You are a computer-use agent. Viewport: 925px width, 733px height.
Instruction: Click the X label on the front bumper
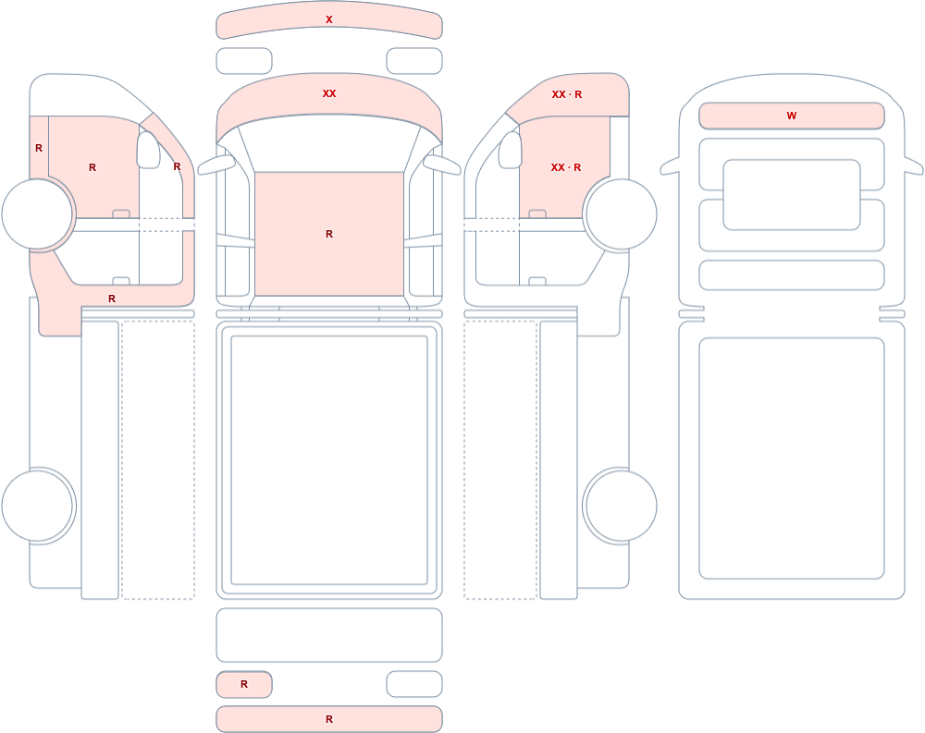(x=329, y=19)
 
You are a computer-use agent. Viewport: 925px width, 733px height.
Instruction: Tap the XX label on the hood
(x=329, y=93)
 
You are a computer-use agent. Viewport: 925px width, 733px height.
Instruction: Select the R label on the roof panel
(x=329, y=234)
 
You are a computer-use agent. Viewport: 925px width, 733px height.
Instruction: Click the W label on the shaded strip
(x=792, y=116)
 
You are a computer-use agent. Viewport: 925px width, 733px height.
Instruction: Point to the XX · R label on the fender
(x=567, y=94)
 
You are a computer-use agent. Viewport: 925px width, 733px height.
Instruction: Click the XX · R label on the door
(x=566, y=167)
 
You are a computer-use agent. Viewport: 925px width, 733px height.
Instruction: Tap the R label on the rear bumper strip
(x=329, y=719)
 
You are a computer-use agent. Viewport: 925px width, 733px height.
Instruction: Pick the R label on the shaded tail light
(x=244, y=684)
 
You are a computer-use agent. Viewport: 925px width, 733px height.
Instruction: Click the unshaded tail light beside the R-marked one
(x=414, y=684)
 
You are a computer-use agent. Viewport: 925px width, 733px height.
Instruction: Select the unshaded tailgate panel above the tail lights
(x=329, y=634)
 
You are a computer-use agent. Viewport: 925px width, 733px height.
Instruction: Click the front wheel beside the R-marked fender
(x=38, y=214)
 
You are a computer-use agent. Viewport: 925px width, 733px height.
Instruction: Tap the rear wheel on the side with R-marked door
(x=38, y=506)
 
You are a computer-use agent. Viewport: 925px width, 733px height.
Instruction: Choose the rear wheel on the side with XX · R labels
(x=621, y=506)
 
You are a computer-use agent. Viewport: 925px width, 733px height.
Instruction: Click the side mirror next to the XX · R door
(x=511, y=150)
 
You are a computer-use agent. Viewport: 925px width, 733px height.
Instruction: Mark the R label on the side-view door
(x=92, y=167)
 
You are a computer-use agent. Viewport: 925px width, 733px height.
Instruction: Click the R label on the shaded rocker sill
(x=112, y=299)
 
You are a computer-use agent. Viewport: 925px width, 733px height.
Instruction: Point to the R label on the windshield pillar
(x=177, y=167)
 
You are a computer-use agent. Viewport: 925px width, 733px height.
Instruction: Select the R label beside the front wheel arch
(x=39, y=148)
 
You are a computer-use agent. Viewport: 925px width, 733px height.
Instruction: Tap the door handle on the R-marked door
(x=121, y=214)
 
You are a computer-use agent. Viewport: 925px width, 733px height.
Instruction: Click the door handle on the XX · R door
(x=536, y=214)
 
